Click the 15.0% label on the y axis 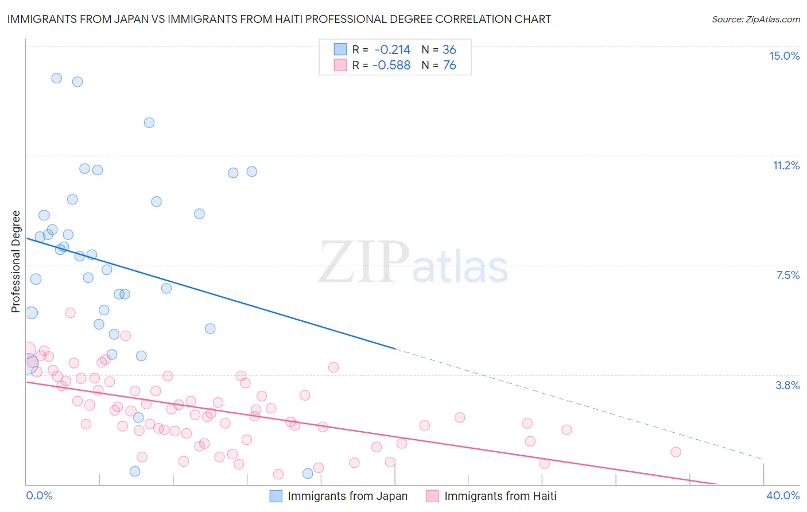tap(784, 56)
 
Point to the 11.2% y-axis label tap(786, 165)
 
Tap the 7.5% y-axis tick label tap(787, 275)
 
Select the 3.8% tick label tap(787, 385)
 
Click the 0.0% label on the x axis tap(39, 495)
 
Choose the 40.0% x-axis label tap(782, 495)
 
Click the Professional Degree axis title tap(16, 262)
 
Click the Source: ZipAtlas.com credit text tap(755, 19)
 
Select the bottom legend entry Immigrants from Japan tap(347, 496)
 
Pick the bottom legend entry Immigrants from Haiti tap(500, 496)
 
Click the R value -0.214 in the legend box tap(392, 50)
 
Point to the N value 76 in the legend tap(449, 65)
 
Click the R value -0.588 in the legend tap(391, 65)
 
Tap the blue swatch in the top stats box tap(340, 49)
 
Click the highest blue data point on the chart tap(57, 78)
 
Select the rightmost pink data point tap(676, 452)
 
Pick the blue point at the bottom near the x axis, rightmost tap(308, 474)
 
